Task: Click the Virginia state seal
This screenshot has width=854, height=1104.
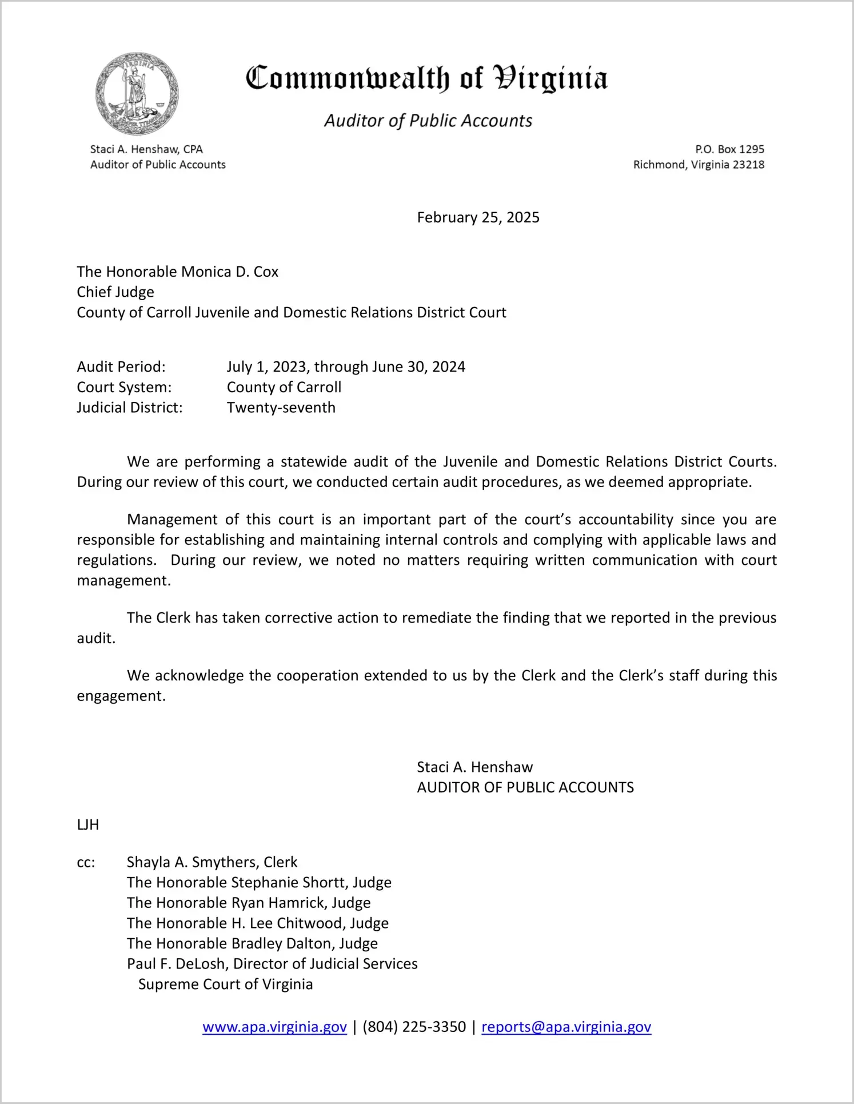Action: coord(137,94)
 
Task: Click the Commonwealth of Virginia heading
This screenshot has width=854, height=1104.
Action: coord(426,78)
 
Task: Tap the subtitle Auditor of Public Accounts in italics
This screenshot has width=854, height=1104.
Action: coord(428,121)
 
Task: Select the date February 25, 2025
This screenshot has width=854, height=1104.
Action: coord(478,217)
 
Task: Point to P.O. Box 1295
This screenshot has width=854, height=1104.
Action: coord(729,149)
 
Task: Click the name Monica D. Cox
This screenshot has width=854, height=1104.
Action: coord(229,272)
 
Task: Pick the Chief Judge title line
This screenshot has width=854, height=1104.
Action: coord(115,292)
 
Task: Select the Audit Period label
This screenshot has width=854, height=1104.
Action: coord(121,366)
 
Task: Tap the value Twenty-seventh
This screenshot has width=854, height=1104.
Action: coord(281,408)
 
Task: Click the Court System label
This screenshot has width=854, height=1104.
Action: coord(124,387)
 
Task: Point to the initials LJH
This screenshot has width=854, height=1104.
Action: coord(88,824)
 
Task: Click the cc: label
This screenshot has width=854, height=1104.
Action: coord(86,862)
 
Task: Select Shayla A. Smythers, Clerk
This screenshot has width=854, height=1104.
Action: coord(212,862)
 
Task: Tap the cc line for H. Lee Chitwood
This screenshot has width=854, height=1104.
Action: coord(258,923)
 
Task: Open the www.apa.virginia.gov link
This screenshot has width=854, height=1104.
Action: coord(274,1027)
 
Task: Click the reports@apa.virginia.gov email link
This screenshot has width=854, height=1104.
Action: coord(566,1027)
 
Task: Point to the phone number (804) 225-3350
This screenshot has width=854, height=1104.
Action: coord(414,1027)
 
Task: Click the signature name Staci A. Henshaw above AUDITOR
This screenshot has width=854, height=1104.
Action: coord(474,767)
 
